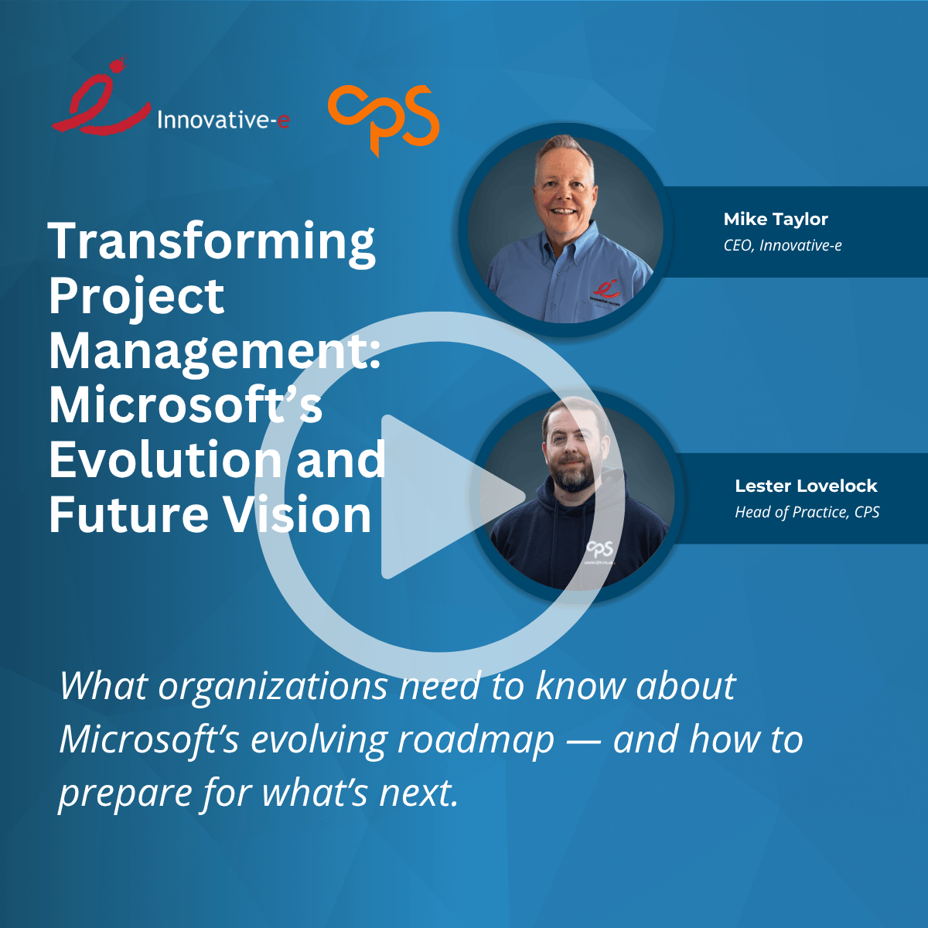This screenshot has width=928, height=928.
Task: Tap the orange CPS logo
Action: (x=384, y=118)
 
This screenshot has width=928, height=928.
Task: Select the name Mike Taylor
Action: (x=776, y=220)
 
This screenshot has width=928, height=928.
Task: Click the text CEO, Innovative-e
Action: (x=783, y=246)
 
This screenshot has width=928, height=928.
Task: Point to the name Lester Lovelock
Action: (x=806, y=486)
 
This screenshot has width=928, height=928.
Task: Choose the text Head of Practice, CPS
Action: (x=807, y=513)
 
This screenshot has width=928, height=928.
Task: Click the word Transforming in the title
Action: (x=212, y=242)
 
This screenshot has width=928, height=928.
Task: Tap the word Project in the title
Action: (x=136, y=297)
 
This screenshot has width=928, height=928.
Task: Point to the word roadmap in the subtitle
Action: (x=476, y=740)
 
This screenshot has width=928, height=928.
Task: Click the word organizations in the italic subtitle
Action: (x=272, y=687)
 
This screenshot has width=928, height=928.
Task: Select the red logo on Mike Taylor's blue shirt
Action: (x=606, y=288)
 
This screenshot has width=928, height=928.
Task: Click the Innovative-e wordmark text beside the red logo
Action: (x=223, y=120)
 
